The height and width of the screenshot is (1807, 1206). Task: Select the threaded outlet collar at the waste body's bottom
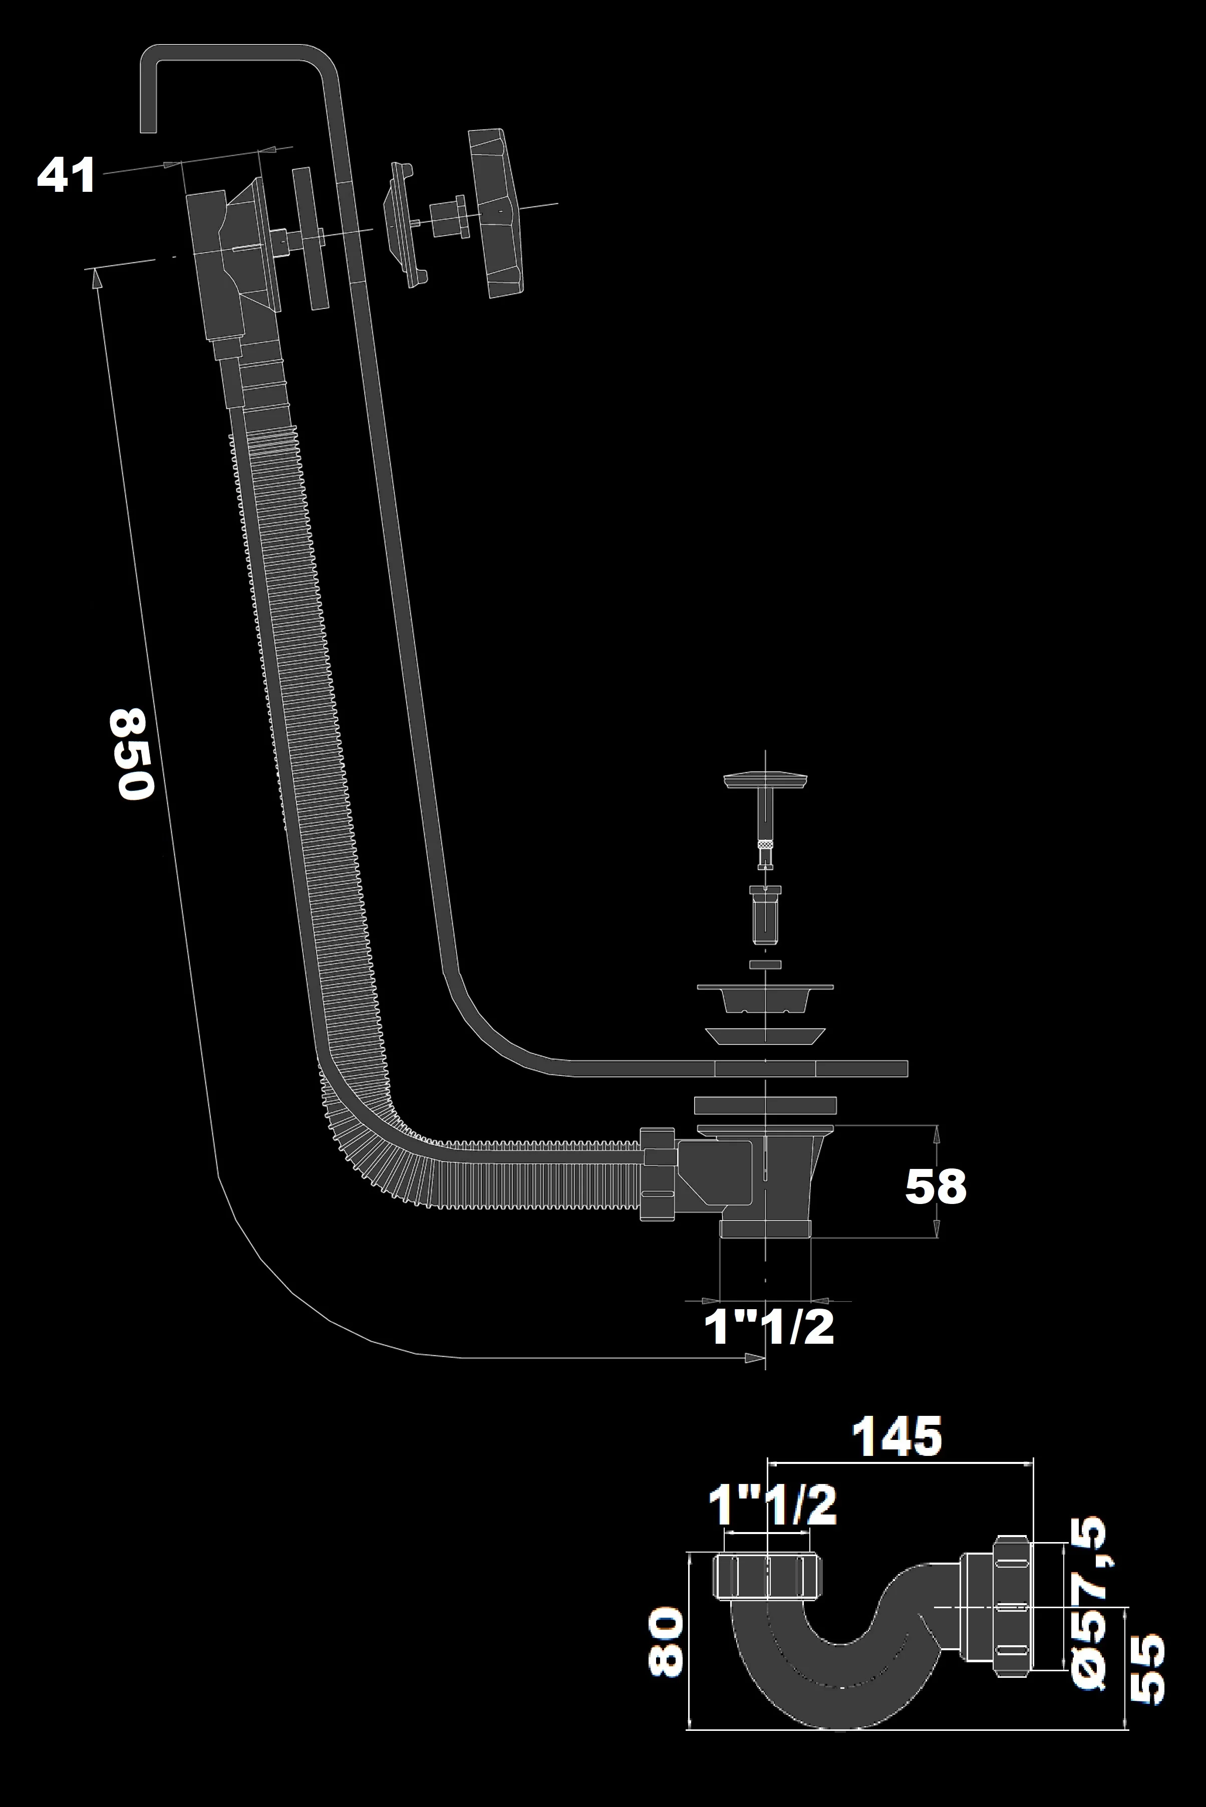point(765,1227)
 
